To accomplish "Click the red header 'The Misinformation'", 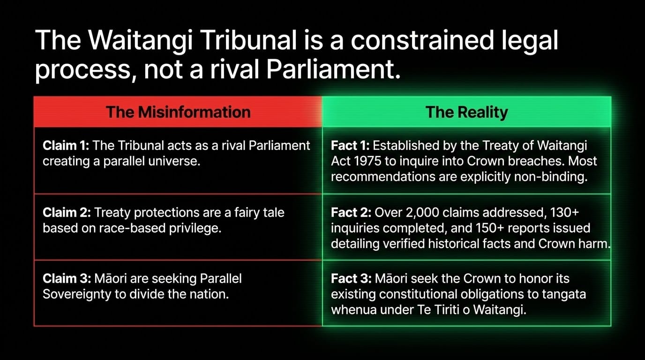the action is tap(178, 112).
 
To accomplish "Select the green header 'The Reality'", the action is tap(466, 112).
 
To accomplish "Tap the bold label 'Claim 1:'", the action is tap(66, 145).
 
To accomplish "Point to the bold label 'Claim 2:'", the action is tap(67, 212).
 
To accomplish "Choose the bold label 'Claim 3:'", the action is tap(67, 278).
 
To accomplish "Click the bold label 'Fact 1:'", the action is tap(350, 145).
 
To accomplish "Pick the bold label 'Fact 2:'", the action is tap(351, 212).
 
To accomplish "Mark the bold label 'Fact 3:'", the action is tap(351, 278).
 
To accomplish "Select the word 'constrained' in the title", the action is tap(422, 40).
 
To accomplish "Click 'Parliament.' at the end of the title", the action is tap(333, 69).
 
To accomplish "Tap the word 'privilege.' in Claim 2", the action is tap(195, 228).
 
